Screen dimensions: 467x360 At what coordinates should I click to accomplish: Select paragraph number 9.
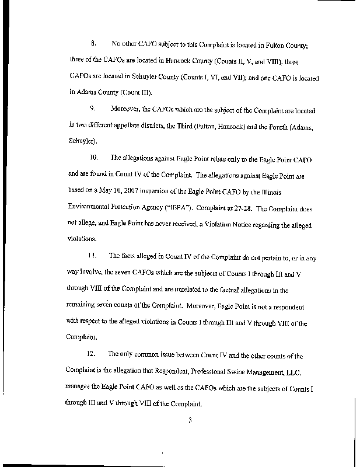(92, 109)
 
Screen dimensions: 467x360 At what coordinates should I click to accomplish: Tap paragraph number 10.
(93, 158)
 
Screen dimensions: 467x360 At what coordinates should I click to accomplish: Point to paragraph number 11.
(93, 256)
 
